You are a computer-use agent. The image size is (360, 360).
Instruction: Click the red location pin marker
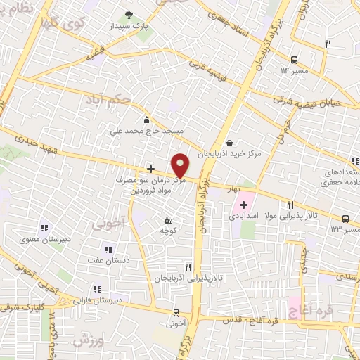(180, 165)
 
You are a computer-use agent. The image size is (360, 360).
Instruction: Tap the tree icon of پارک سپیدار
(128, 15)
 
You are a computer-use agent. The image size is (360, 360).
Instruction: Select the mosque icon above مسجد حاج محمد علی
(146, 119)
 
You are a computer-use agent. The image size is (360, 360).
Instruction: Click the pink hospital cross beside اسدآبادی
(243, 205)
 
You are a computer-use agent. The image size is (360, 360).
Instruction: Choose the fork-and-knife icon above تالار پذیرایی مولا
(290, 205)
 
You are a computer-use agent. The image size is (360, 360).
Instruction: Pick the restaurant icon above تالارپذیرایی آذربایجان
(187, 266)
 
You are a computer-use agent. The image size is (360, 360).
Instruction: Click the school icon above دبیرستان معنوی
(44, 227)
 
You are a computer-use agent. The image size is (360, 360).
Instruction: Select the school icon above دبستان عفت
(108, 249)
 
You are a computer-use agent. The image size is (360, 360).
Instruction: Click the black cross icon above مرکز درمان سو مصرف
(150, 169)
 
